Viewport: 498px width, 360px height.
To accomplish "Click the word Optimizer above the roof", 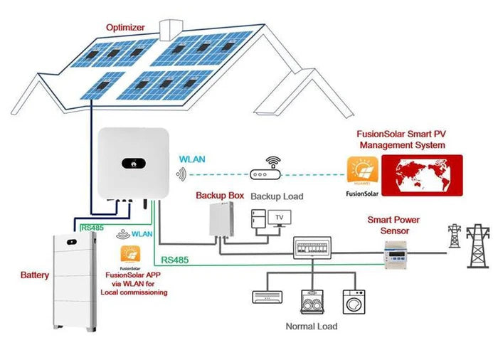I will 125,28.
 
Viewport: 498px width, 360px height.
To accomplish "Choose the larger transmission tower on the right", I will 477,248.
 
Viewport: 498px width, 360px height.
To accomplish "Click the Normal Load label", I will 312,327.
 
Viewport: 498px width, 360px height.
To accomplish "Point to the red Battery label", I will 34,275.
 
